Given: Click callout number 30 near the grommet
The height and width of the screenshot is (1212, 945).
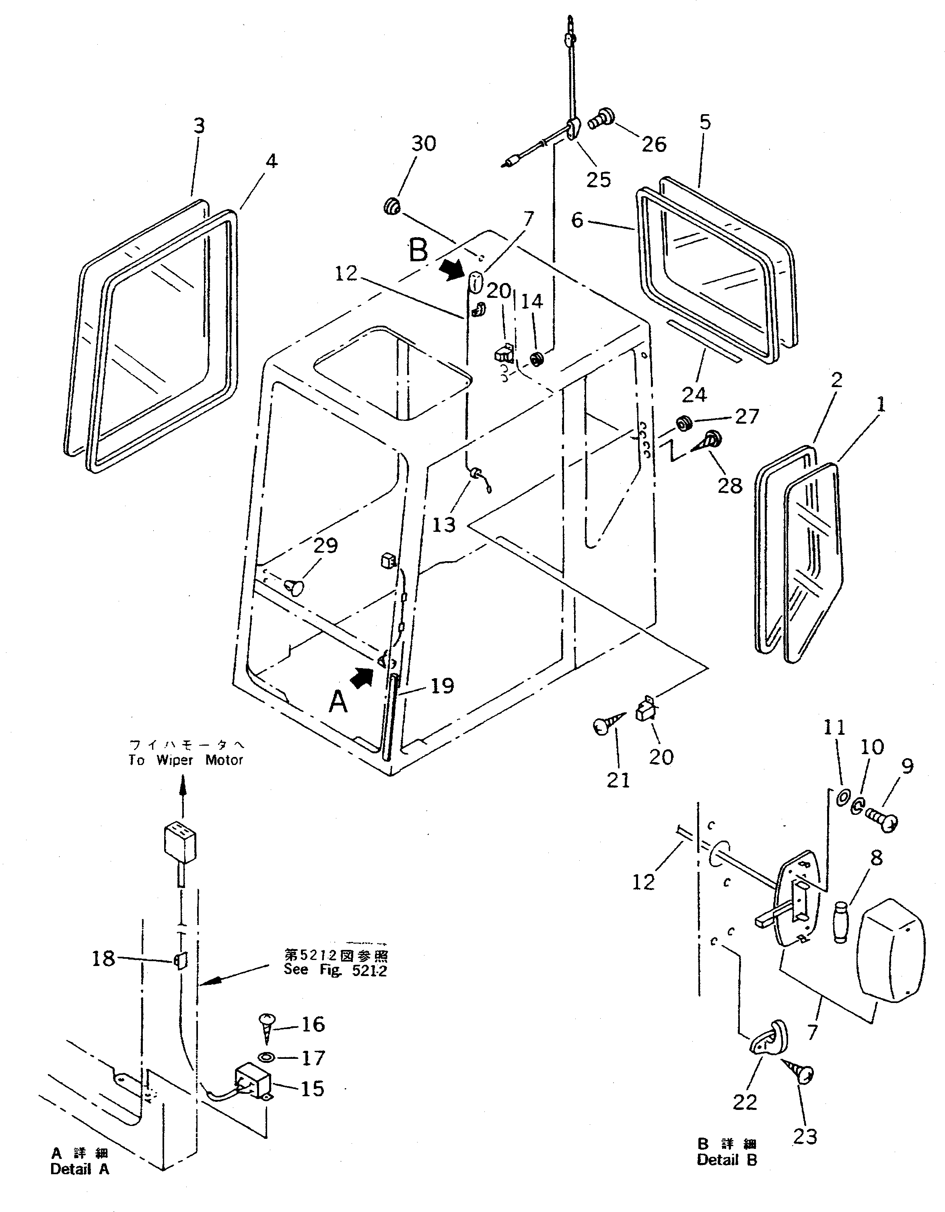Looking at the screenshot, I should click(x=424, y=144).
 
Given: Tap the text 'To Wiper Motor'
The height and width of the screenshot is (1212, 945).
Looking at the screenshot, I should click(x=185, y=760).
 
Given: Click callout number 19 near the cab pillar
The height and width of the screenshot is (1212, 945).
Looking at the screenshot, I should click(x=442, y=687).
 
